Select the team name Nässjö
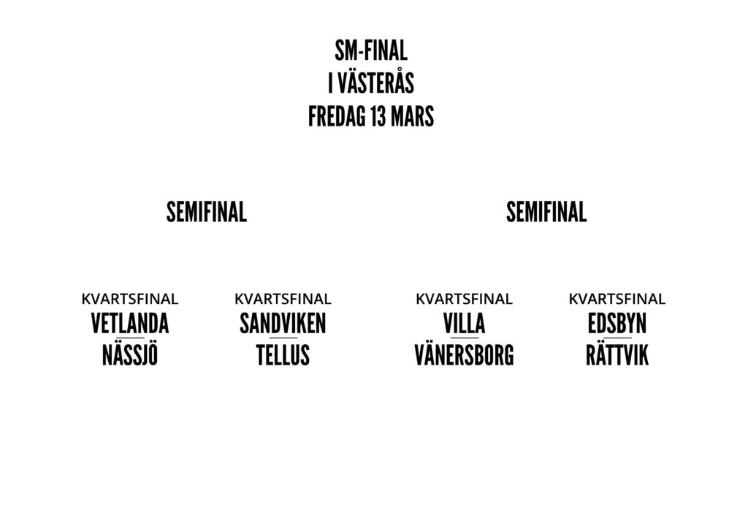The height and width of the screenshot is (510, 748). pos(130,355)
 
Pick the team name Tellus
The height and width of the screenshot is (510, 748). pos(283,355)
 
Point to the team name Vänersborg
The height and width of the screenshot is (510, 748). pos(464,355)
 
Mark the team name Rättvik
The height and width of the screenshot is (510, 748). pos(617,355)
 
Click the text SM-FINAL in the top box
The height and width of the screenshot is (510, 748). pos(370,53)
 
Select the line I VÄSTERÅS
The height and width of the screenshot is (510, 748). pos(370,85)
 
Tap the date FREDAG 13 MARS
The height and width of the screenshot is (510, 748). pos(370,116)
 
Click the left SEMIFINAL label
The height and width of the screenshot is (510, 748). pos(206,212)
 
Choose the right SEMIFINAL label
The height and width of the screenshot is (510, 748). pos(546,212)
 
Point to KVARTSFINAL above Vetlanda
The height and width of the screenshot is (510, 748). pos(130,299)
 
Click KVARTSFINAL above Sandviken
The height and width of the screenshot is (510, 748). pos(283,299)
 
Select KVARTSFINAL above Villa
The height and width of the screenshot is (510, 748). pos(464,299)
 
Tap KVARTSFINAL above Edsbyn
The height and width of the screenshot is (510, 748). pos(617,299)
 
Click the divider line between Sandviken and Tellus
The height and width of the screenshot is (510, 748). pos(283,339)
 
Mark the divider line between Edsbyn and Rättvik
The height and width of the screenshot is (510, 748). pos(617,339)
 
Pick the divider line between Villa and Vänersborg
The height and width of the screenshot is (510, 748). pos(464,339)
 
